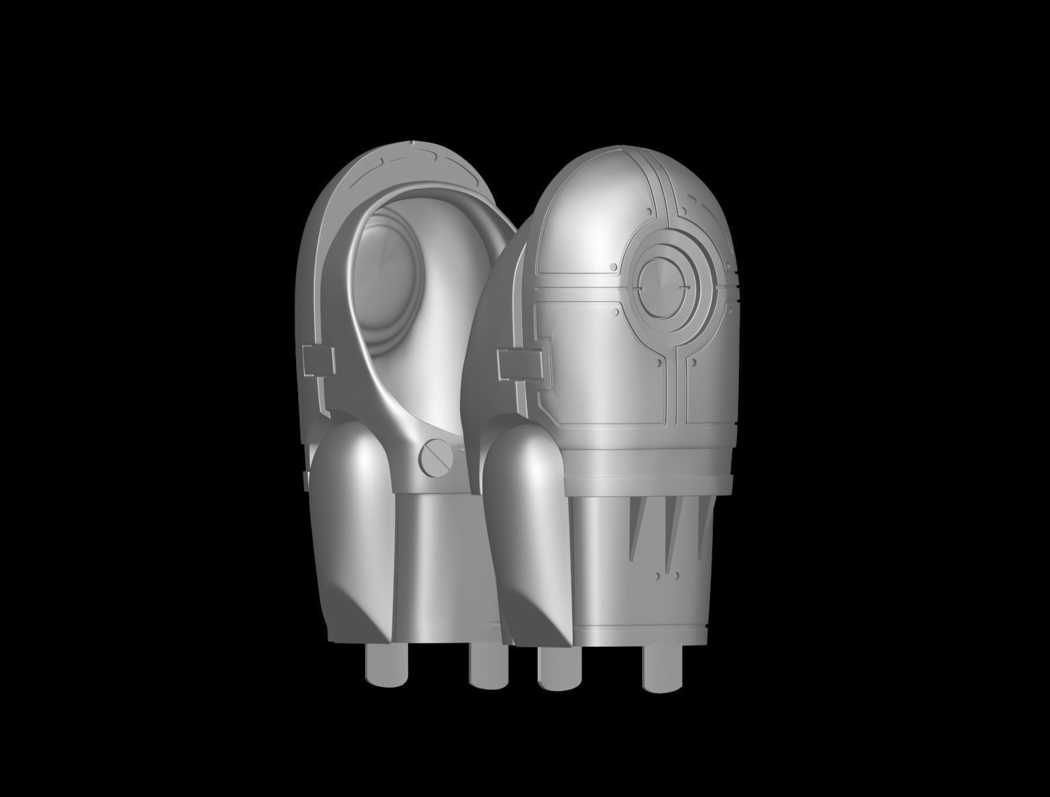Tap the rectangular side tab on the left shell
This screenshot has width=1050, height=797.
click(319, 360)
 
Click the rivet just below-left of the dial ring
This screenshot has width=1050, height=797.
click(617, 313)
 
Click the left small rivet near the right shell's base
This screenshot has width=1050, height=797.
click(658, 576)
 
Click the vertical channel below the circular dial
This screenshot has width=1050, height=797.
click(674, 382)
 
